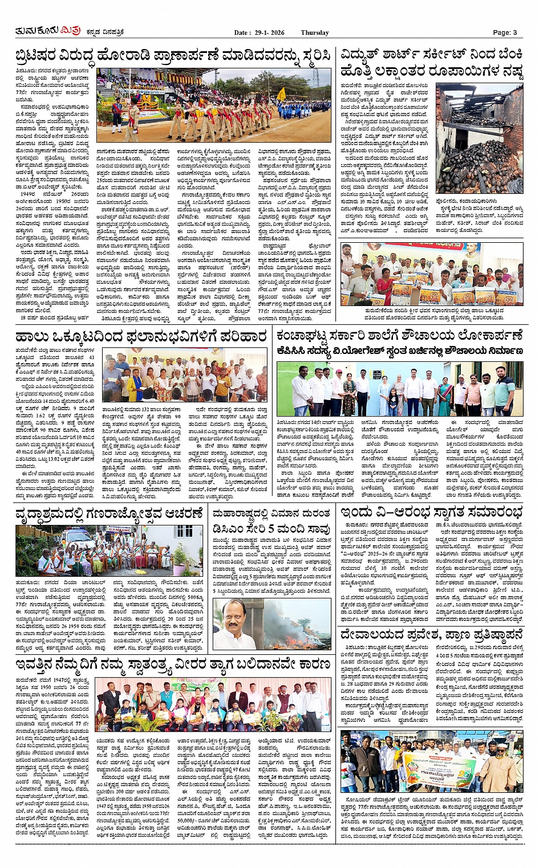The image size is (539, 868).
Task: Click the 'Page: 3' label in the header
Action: click(504, 32)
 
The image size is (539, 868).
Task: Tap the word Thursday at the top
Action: click(314, 32)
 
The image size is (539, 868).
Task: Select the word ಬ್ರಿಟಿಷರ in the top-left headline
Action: click(43, 56)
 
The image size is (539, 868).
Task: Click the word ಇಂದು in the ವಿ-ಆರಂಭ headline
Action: click(359, 512)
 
